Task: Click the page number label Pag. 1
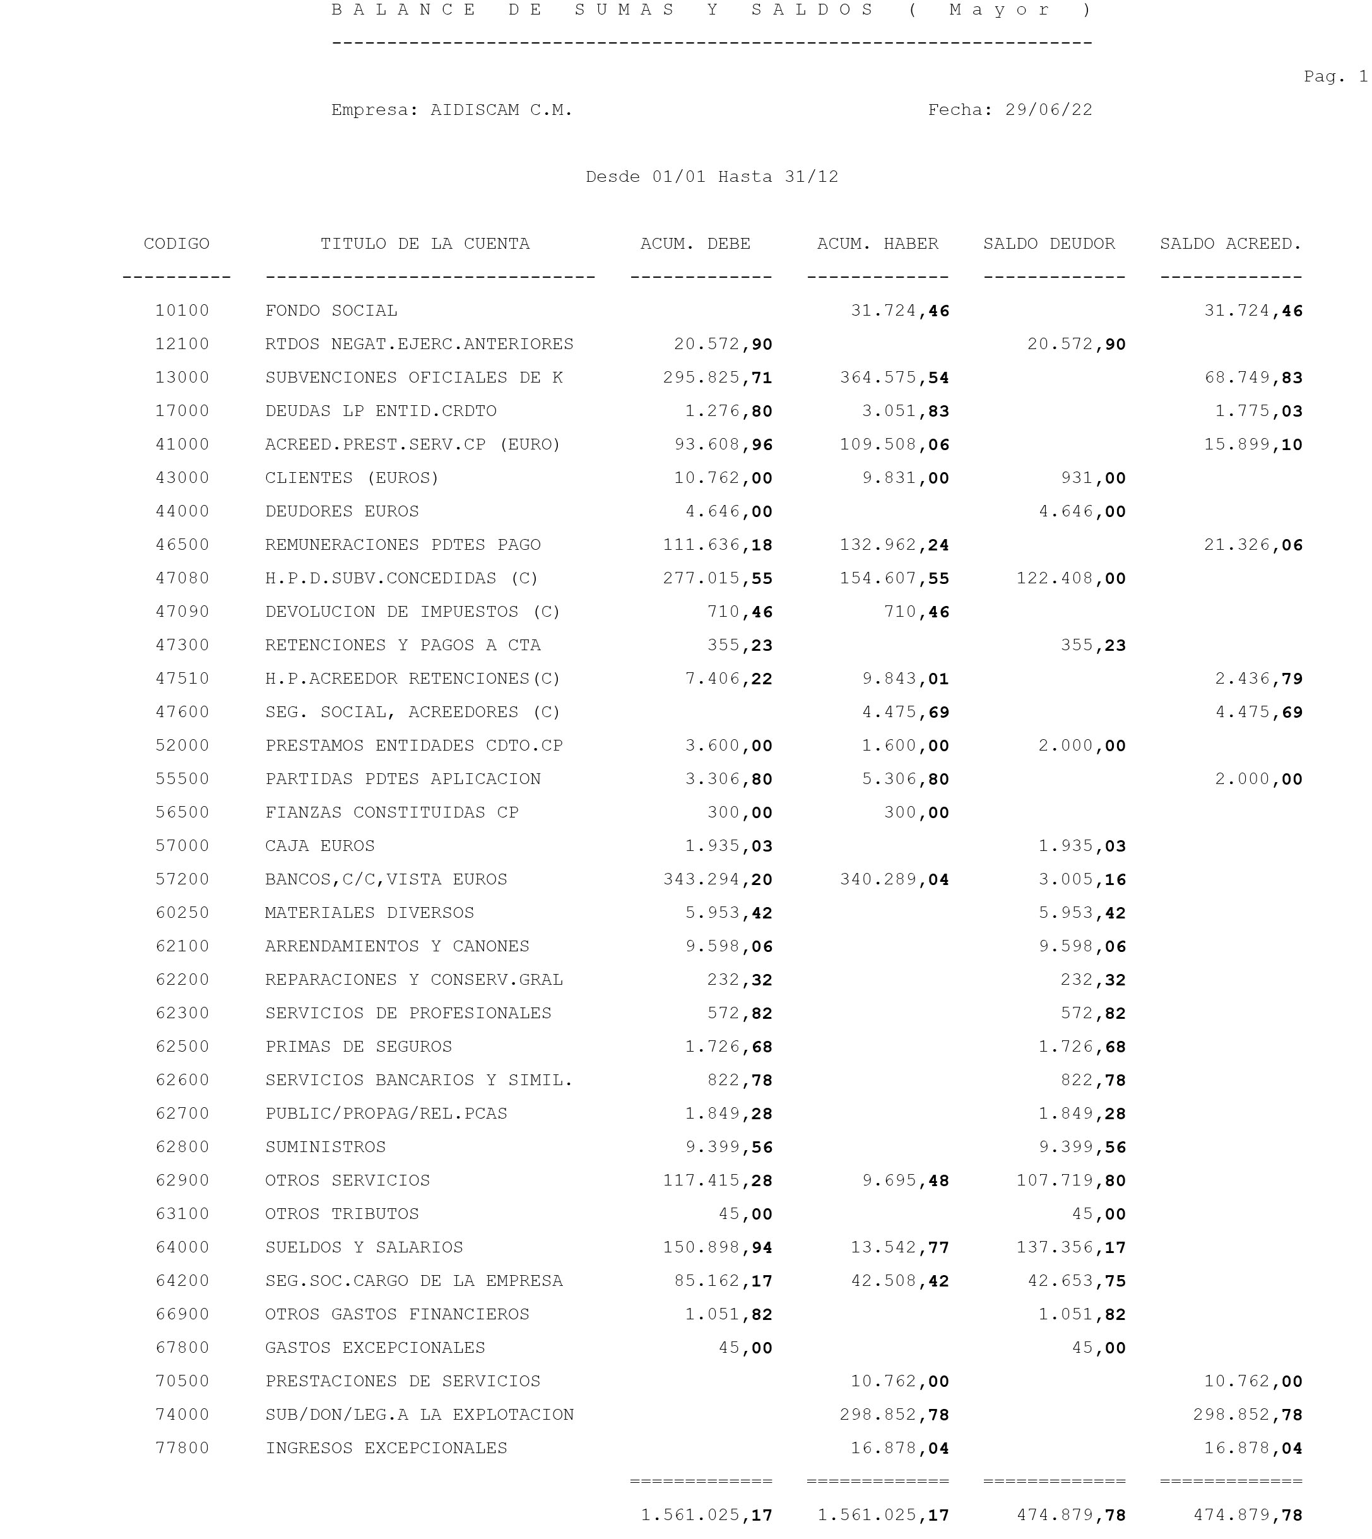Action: click(x=1335, y=76)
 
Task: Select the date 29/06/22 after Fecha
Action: click(x=1049, y=110)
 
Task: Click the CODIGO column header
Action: click(x=177, y=244)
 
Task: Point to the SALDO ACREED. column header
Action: click(x=1230, y=244)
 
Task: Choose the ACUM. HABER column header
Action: click(x=877, y=244)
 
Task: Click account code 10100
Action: click(x=182, y=311)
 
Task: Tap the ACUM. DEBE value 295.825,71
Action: click(x=718, y=377)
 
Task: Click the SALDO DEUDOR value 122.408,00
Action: click(x=1070, y=578)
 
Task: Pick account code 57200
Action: click(x=182, y=879)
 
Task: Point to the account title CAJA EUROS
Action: click(x=319, y=846)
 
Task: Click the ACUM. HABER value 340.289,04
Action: click(x=894, y=879)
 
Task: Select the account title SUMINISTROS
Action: click(x=325, y=1147)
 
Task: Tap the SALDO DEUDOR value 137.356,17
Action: click(x=1070, y=1247)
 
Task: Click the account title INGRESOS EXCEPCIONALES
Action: click(x=386, y=1447)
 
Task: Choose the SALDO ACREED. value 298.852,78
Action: click(x=1248, y=1415)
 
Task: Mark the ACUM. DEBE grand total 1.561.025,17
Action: click(x=706, y=1515)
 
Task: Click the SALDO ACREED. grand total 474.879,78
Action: click(x=1248, y=1515)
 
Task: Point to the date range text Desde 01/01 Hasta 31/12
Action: click(x=712, y=177)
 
